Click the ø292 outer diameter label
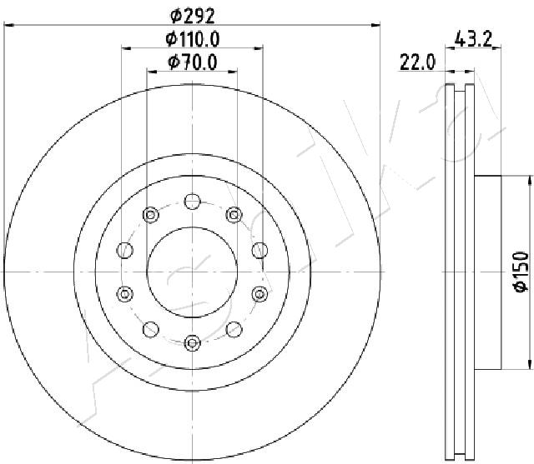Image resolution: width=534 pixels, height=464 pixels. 193,16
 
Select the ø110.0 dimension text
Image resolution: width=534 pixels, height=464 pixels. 193,39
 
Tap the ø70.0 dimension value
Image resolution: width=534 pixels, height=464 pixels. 193,62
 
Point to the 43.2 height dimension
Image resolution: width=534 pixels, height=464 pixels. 474,39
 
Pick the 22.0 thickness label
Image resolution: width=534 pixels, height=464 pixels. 417,62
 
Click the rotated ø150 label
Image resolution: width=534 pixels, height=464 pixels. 521,272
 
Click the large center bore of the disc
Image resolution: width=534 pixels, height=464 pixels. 193,272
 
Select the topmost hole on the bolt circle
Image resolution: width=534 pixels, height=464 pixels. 193,202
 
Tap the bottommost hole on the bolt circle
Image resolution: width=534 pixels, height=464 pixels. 193,342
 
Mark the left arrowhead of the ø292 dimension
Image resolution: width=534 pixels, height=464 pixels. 8,25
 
